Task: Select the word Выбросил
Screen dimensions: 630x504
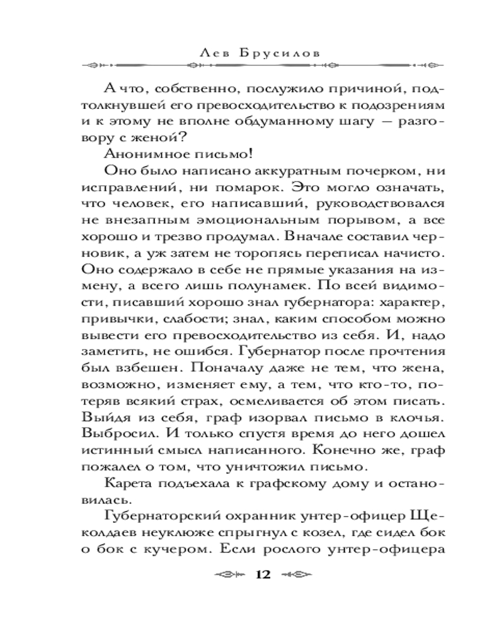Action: (x=109, y=437)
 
